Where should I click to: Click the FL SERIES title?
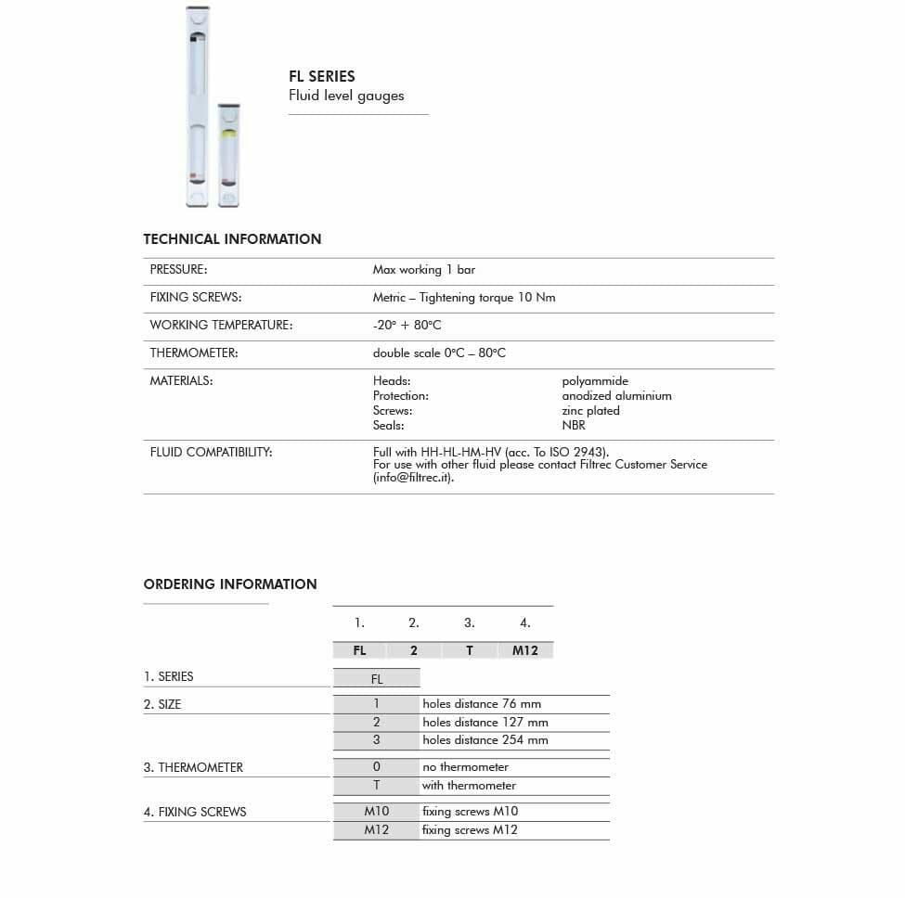coord(321,76)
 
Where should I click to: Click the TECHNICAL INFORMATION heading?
coord(232,239)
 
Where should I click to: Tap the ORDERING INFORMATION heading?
coord(230,584)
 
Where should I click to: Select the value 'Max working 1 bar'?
coord(423,270)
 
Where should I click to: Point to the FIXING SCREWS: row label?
coord(196,298)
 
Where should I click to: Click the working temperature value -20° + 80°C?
coord(407,326)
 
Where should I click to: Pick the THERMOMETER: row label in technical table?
coord(194,353)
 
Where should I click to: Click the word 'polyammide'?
coord(595,381)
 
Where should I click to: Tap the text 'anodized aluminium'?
coord(616,396)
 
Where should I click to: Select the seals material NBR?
coord(574,426)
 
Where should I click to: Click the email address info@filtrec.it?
coord(412,479)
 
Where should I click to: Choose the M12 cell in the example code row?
coord(525,651)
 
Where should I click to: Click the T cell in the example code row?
coord(470,651)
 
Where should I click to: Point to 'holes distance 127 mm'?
coord(485,723)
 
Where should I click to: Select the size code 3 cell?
coord(376,740)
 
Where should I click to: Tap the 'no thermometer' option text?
coord(465,767)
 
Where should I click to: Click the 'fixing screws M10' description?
coord(470,812)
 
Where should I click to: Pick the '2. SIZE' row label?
coord(162,705)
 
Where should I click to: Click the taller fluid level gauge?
coord(198,107)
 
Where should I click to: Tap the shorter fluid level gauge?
coord(228,155)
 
